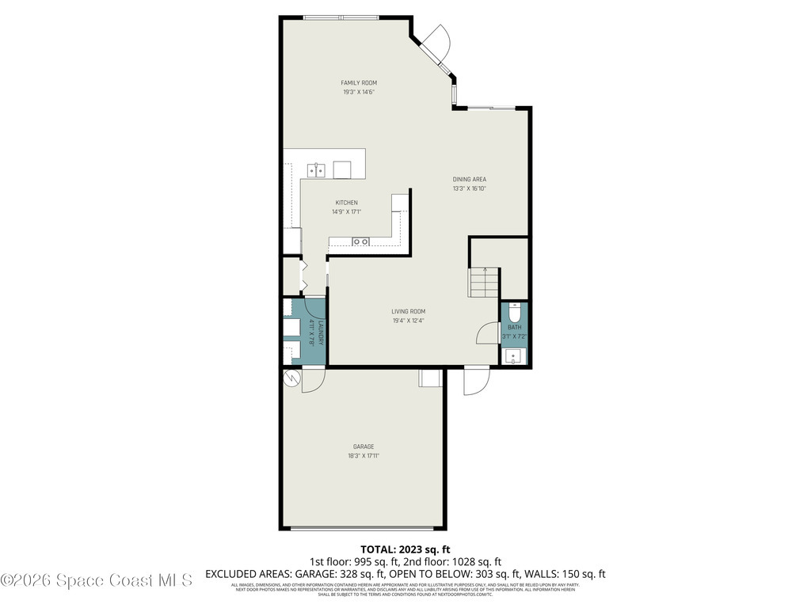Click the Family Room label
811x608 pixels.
click(358, 83)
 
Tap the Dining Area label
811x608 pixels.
click(469, 180)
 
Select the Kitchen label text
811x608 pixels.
click(346, 203)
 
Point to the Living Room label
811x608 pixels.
click(408, 311)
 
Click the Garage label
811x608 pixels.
click(364, 446)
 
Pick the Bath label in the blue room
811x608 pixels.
click(514, 326)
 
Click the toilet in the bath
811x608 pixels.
click(514, 310)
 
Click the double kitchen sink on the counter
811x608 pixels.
click(317, 169)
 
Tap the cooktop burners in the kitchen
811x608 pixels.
click(361, 241)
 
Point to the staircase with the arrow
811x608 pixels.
click(484, 283)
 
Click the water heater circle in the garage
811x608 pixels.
click(291, 379)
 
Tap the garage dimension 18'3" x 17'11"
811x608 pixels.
click(364, 456)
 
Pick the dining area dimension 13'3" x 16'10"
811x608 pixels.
click(469, 189)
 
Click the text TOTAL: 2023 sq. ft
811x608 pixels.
click(405, 549)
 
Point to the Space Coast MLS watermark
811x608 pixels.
click(96, 580)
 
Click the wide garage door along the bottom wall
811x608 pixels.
click(363, 528)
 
